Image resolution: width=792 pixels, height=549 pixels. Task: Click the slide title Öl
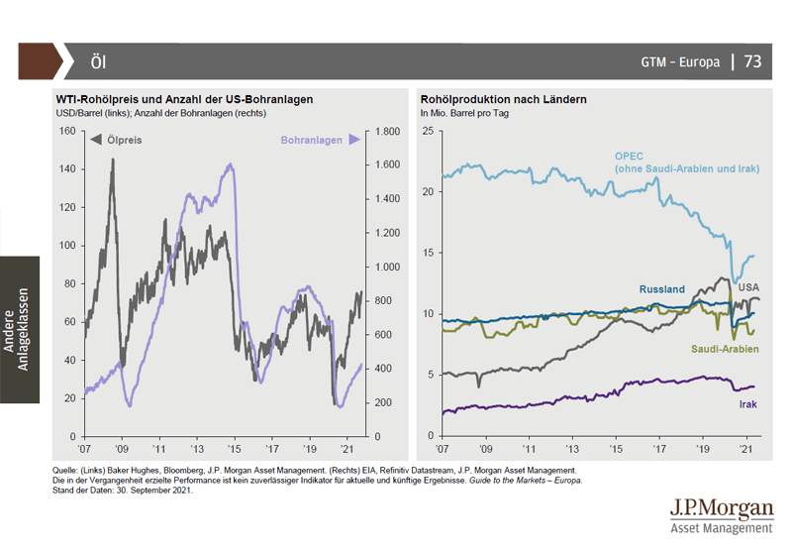click(98, 61)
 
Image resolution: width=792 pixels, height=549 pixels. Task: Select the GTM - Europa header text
click(680, 62)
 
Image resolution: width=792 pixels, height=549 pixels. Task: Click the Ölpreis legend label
click(124, 141)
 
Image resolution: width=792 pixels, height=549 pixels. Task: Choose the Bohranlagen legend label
click(312, 141)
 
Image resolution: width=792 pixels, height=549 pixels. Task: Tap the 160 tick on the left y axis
click(66, 131)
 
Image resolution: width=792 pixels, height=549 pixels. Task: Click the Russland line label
click(662, 289)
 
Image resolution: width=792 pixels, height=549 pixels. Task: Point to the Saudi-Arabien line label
click(725, 350)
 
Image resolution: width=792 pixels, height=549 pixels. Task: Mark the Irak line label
click(748, 404)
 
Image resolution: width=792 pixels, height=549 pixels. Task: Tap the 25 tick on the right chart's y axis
click(428, 131)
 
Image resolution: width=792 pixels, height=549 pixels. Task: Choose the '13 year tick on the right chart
click(573, 447)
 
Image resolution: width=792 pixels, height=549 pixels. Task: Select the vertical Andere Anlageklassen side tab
click(20, 330)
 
